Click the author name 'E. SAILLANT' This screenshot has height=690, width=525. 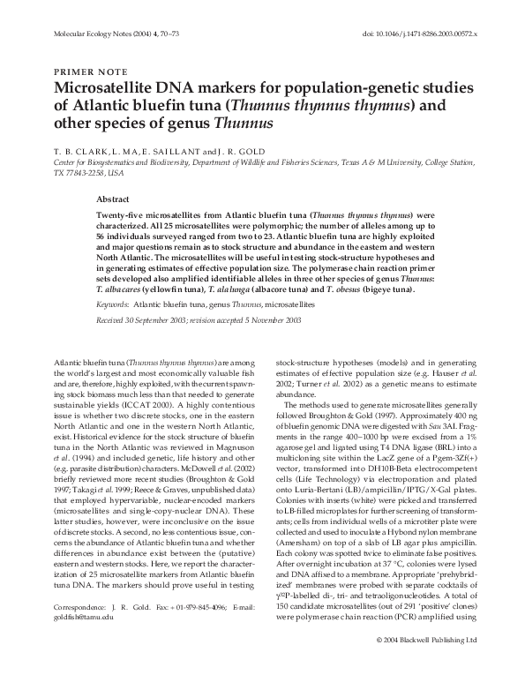[185, 151]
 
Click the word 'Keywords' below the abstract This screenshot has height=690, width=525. [112, 327]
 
